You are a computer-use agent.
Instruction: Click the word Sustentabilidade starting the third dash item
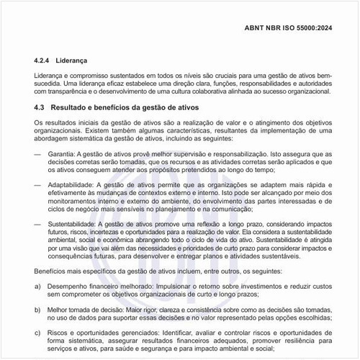point(74,225)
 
